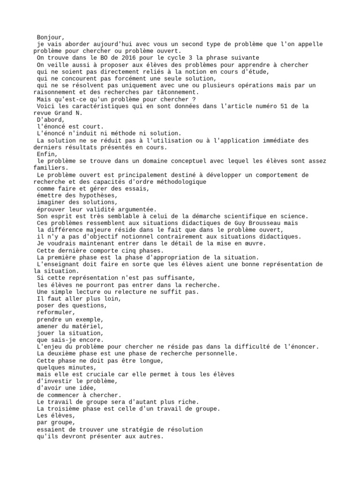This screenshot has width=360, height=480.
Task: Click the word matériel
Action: tap(87, 326)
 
